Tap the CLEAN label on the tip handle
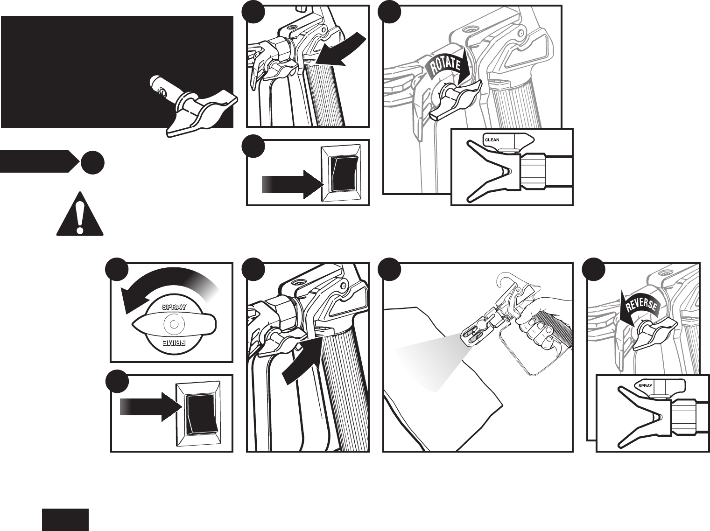click(x=492, y=140)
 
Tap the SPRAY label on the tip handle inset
click(x=645, y=385)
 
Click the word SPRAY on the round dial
click(x=174, y=307)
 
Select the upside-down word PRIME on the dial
click(x=174, y=342)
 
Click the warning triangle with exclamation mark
click(x=80, y=214)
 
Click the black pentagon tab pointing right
click(x=39, y=161)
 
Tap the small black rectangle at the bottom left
click(x=65, y=520)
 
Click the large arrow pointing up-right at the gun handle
click(x=302, y=360)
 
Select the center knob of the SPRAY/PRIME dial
click(x=174, y=324)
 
